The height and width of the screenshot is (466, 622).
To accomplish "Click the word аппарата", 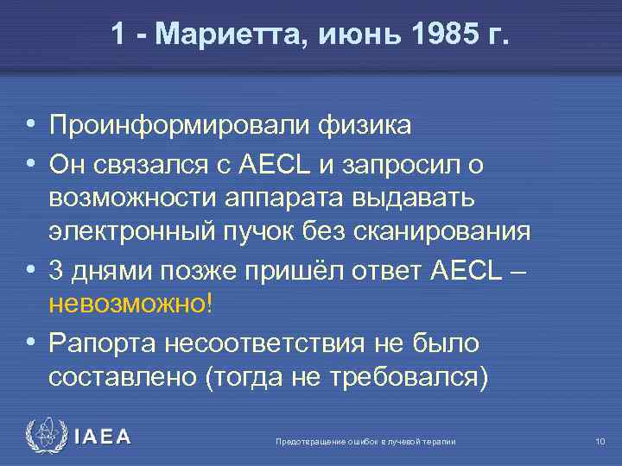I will pyautogui.click(x=276, y=199).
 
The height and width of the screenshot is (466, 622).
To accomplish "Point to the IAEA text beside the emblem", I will pyautogui.click(x=103, y=438).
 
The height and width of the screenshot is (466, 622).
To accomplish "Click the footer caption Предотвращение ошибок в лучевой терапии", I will pyautogui.click(x=365, y=442).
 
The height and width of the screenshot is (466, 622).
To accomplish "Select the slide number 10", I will pyautogui.click(x=600, y=442).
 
